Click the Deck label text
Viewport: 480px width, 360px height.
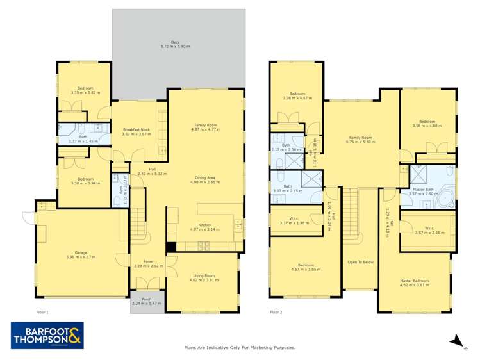(x=175, y=42)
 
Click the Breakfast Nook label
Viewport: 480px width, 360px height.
(x=136, y=129)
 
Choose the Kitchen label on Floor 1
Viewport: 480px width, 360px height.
(x=205, y=225)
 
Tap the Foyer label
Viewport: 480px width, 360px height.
(x=148, y=261)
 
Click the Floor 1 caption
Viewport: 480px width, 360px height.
(x=44, y=312)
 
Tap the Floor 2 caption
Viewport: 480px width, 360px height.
(x=276, y=312)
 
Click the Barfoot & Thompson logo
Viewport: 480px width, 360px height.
(x=47, y=335)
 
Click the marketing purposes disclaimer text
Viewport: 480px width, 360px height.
(x=239, y=347)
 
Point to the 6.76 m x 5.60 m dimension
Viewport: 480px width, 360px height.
(x=360, y=142)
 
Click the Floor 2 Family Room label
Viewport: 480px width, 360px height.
(x=360, y=138)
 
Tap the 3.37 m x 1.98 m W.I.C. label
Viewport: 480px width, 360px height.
(x=295, y=223)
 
